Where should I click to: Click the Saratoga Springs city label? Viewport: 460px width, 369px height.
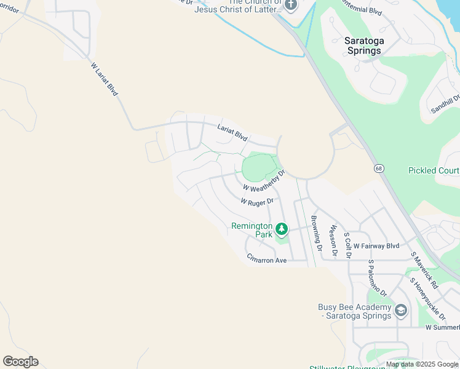click(363, 46)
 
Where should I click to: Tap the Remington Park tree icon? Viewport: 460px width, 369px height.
click(282, 229)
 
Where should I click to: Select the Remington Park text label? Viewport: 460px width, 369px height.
click(252, 230)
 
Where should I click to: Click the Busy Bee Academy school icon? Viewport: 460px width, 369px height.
click(401, 309)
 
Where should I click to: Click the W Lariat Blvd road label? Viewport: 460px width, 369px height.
click(104, 79)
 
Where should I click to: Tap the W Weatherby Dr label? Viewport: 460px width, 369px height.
click(264, 181)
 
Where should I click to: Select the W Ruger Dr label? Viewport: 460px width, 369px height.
click(257, 201)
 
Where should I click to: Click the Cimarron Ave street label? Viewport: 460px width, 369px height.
click(267, 260)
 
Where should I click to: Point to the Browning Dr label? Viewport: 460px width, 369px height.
click(316, 234)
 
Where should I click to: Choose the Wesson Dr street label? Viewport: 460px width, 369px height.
click(334, 240)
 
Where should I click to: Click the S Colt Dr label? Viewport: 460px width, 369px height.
click(348, 244)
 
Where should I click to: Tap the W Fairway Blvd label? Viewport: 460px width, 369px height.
click(376, 246)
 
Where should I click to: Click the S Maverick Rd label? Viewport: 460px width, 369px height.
click(424, 271)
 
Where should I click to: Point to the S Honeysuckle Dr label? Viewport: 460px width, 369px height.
click(428, 298)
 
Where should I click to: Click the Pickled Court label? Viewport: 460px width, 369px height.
click(434, 170)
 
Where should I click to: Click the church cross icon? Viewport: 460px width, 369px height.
click(291, 5)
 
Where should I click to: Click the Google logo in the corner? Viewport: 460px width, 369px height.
click(20, 362)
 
